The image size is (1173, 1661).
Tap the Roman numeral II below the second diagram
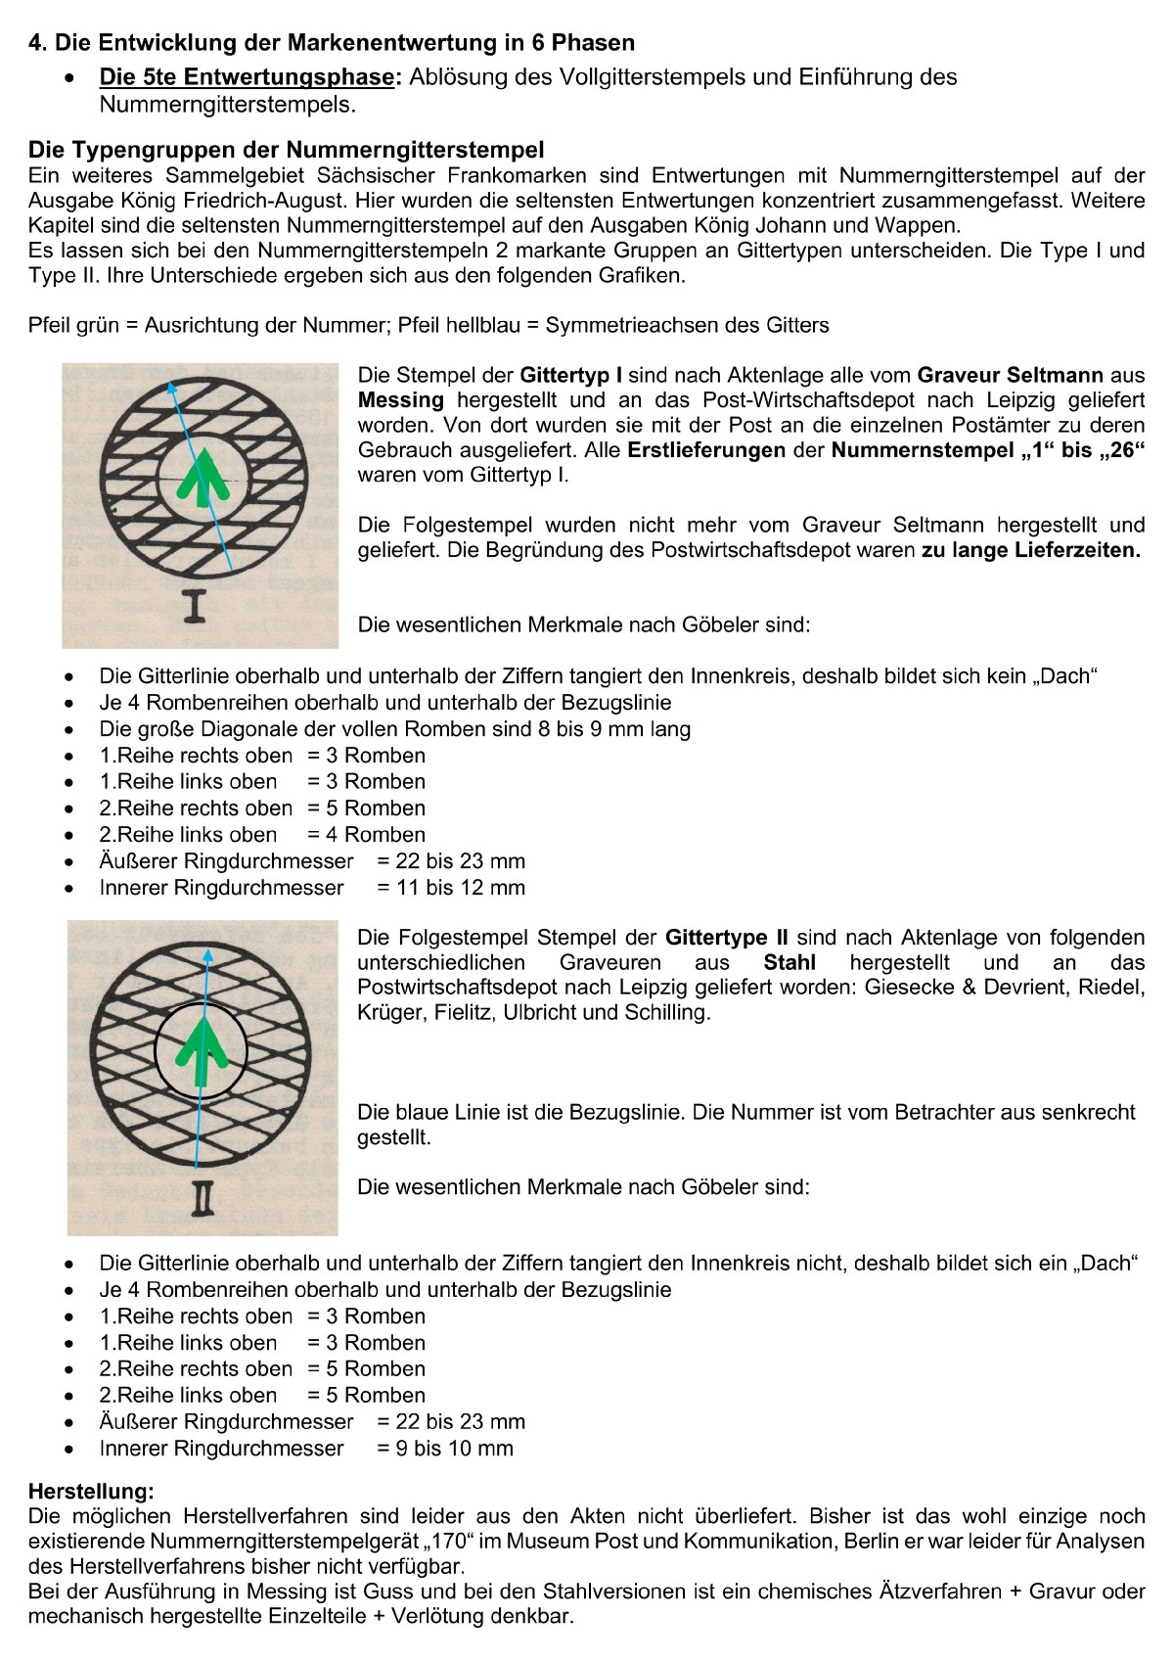point(203,1199)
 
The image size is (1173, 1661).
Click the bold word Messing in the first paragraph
point(401,400)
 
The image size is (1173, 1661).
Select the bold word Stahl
point(790,963)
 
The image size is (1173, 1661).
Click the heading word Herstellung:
point(91,1492)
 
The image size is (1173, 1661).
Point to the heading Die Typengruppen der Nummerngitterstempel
point(286,150)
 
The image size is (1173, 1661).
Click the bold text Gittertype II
point(727,938)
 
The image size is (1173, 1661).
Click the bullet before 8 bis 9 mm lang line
point(68,730)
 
